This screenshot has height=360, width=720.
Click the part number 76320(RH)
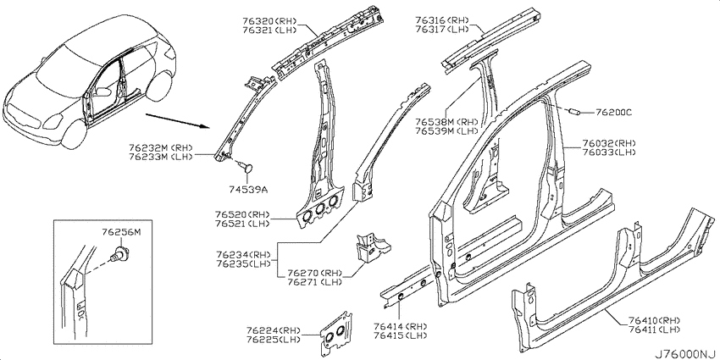(x=269, y=20)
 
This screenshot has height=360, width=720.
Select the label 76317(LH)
(x=441, y=30)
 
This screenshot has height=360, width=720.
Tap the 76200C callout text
(x=614, y=112)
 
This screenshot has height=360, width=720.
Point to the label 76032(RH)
(x=609, y=143)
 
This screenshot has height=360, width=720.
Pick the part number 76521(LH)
(x=241, y=224)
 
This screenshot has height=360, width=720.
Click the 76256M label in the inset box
(x=121, y=233)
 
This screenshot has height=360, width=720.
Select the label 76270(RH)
(x=314, y=273)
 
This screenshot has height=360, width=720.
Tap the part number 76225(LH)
(x=273, y=340)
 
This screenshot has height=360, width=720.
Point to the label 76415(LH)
(x=401, y=335)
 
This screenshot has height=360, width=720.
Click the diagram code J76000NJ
(x=686, y=354)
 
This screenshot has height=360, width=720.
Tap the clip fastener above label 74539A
(x=247, y=165)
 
